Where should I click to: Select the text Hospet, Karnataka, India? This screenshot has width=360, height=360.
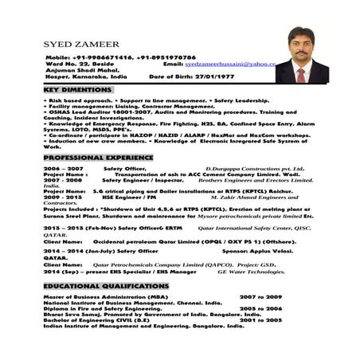pyautogui.click(x=84, y=76)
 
